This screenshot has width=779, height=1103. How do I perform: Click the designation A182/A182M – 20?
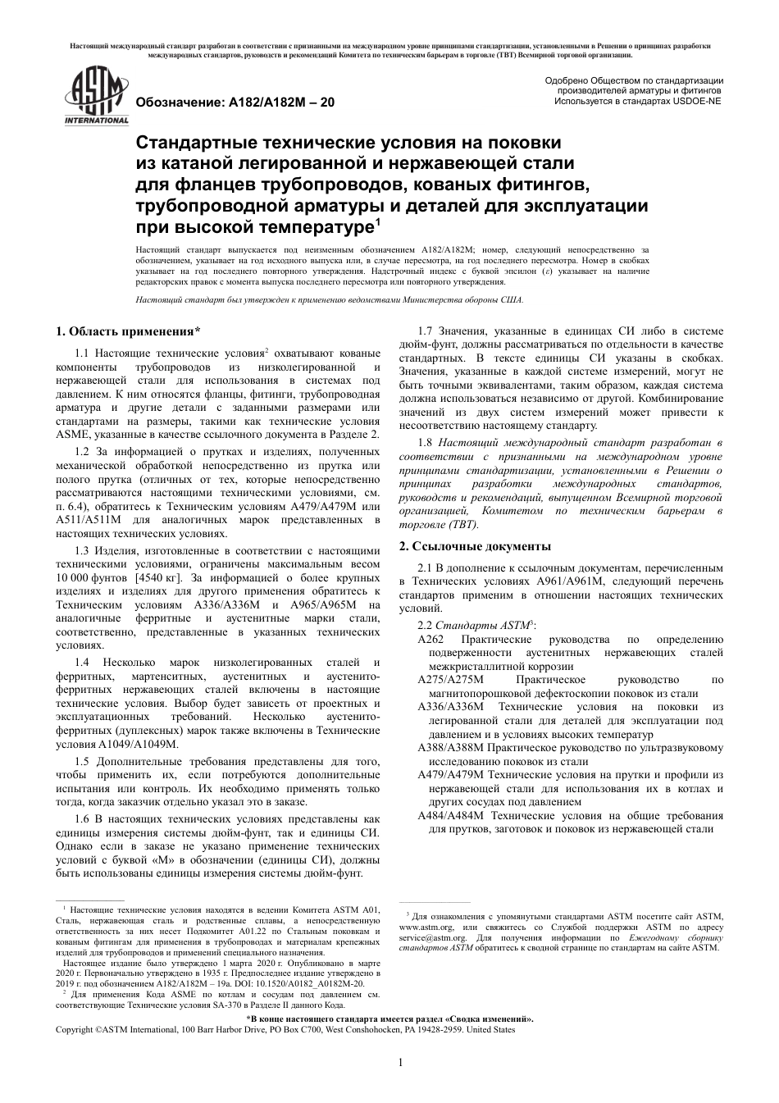pos(234,103)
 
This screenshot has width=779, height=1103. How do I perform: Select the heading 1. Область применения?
pos(128,331)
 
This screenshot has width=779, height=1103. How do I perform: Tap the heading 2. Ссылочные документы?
pos(475,546)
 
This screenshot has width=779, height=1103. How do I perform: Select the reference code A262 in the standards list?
pos(430,639)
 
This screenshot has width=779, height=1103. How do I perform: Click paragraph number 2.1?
pos(427,567)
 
